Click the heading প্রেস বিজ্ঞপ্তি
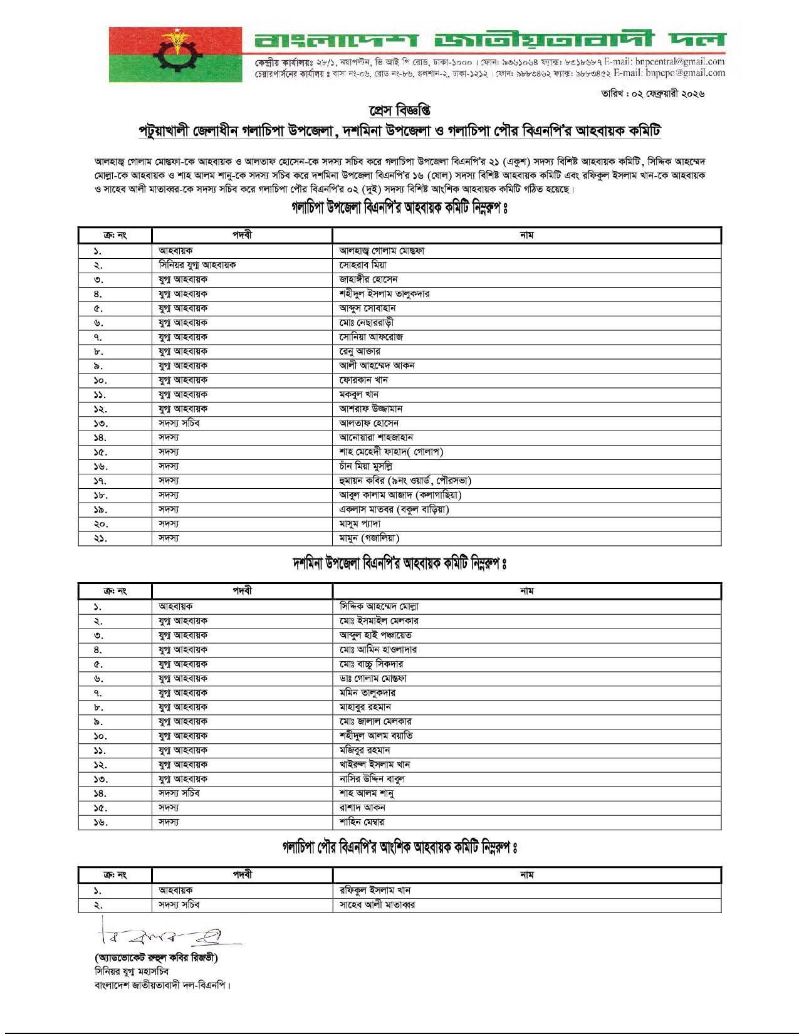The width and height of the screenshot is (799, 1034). (399, 112)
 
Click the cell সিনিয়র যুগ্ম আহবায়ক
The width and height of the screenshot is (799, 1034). (197, 265)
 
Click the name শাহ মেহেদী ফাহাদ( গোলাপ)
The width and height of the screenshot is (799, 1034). (392, 452)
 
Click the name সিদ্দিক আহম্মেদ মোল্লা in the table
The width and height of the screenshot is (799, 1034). (379, 607)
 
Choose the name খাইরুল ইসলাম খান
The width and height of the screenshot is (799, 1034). (375, 765)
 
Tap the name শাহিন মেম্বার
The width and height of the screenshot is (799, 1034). (362, 822)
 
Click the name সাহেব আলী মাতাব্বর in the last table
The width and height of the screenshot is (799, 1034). (377, 905)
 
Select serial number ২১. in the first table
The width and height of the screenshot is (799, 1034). (101, 538)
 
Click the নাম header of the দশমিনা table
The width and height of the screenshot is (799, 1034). (526, 590)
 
